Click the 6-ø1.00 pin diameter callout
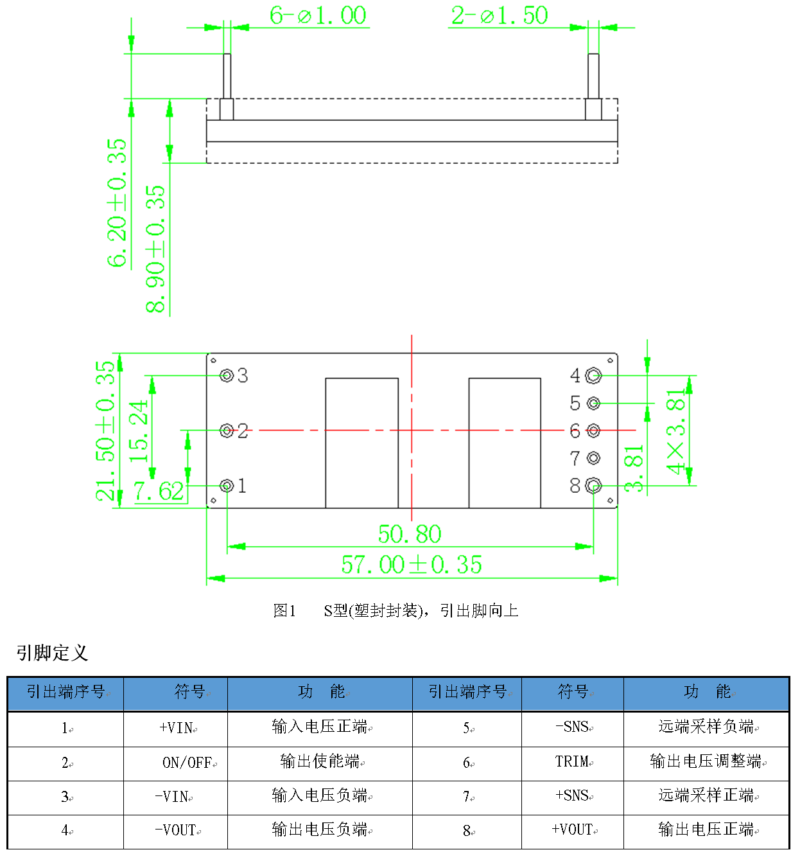(318, 15)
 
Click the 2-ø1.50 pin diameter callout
(500, 15)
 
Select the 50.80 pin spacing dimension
(410, 534)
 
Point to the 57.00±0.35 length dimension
(412, 565)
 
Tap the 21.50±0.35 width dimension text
(105, 430)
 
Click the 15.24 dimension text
(139, 431)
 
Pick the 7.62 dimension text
(159, 491)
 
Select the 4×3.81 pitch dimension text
(676, 432)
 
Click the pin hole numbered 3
(227, 375)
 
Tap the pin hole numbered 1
(227, 486)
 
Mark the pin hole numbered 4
(593, 375)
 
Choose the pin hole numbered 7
(593, 458)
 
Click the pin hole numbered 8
(593, 486)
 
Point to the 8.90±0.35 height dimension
(155, 249)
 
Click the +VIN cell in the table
(176, 727)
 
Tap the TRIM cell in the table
(572, 761)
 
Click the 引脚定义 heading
(52, 653)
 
